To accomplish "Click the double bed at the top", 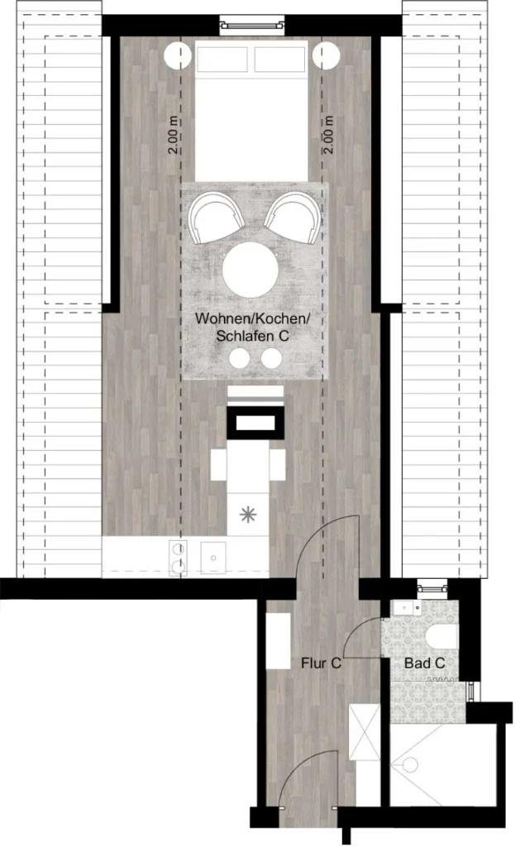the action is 251,111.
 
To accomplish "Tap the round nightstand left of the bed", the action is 177,55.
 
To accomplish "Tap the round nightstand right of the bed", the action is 326,55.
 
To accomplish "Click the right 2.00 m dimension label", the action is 328,134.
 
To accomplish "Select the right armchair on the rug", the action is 293,218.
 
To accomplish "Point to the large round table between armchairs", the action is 250,270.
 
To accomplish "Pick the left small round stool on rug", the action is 239,358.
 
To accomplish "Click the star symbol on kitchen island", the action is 248,514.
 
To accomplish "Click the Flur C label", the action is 322,663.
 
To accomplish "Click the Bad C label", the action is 424,663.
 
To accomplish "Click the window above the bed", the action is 252,25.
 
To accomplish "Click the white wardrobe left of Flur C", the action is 279,640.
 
